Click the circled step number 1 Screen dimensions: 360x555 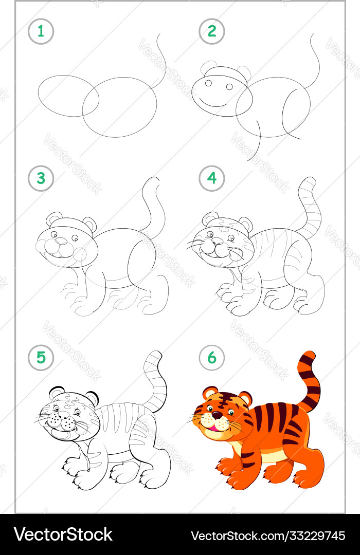[x=41, y=31]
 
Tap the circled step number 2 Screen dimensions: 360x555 [x=212, y=31]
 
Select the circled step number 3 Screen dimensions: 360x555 [x=41, y=178]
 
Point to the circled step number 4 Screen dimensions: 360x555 [x=212, y=178]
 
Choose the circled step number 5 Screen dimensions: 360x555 [x=41, y=358]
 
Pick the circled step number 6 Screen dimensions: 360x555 [x=212, y=358]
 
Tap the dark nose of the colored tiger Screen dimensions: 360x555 [x=217, y=415]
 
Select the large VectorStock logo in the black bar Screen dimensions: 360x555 [x=63, y=534]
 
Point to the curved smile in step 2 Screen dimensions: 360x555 [x=212, y=103]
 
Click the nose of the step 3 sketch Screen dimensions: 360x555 [x=61, y=240]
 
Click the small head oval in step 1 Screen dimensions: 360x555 [x=68, y=96]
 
